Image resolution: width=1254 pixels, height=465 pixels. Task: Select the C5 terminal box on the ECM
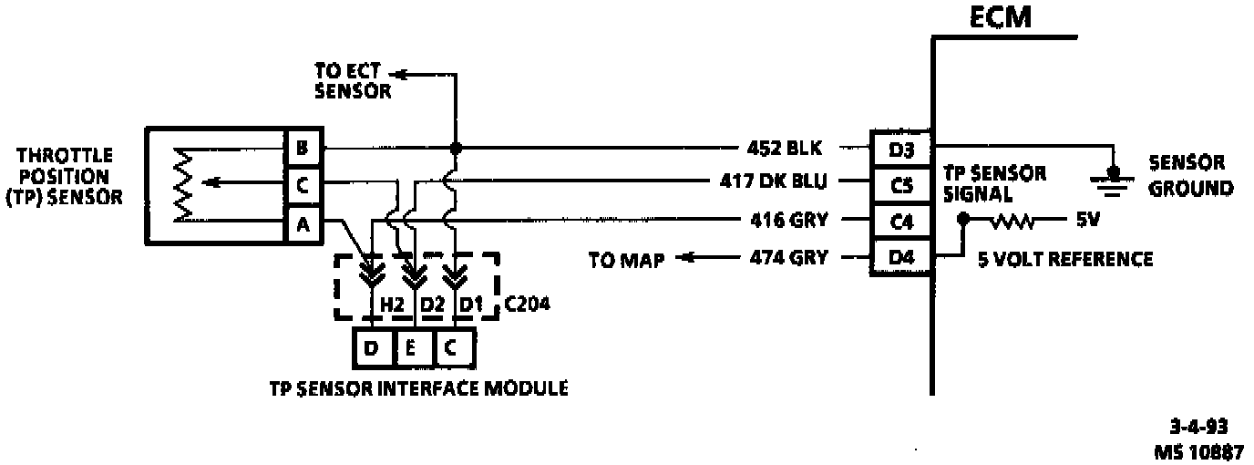click(900, 185)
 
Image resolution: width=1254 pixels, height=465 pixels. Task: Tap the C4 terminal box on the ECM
click(900, 222)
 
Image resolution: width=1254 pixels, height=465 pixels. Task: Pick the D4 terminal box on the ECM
click(900, 258)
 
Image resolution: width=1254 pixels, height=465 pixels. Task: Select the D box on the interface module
click(374, 346)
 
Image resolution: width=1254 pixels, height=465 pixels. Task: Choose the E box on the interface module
click(413, 346)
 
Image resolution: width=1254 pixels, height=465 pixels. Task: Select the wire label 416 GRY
click(785, 220)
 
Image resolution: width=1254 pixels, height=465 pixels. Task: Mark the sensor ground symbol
click(1112, 181)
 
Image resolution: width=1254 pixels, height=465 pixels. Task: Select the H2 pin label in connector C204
click(391, 304)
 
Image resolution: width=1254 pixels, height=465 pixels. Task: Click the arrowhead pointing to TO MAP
click(681, 258)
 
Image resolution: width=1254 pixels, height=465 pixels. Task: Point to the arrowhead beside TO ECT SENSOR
click(402, 74)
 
